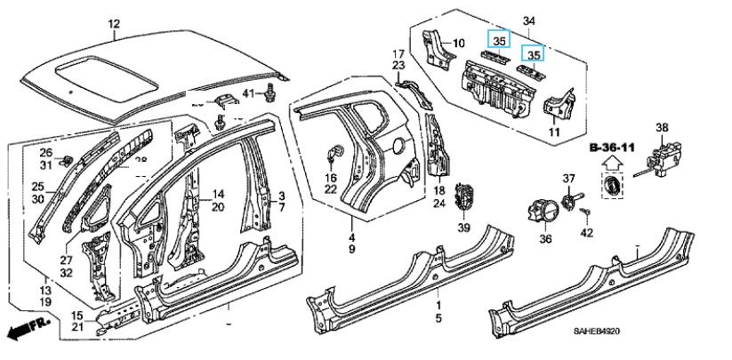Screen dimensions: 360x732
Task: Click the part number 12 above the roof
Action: pyautogui.click(x=113, y=23)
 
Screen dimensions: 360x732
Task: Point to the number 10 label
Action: pyautogui.click(x=459, y=43)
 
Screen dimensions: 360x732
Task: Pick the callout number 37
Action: pyautogui.click(x=569, y=180)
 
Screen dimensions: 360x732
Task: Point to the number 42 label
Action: pyautogui.click(x=586, y=233)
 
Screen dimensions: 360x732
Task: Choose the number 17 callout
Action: pyautogui.click(x=399, y=54)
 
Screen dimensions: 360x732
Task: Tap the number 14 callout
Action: pyautogui.click(x=219, y=194)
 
